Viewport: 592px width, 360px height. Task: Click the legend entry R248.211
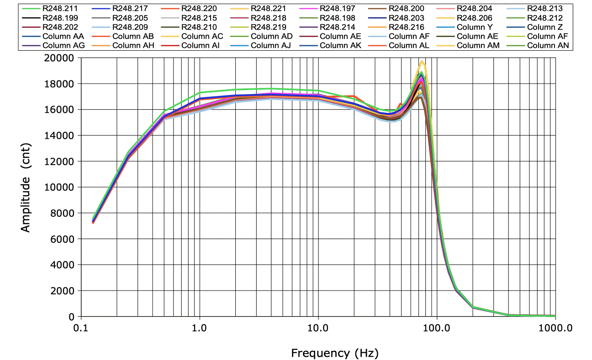tap(60, 8)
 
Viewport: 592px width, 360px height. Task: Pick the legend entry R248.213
tap(544, 8)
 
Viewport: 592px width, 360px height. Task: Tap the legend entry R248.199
tap(60, 18)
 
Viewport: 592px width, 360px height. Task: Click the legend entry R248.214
tap(337, 27)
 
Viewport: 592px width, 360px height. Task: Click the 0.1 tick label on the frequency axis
tap(81, 327)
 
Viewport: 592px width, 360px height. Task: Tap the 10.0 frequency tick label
tap(318, 327)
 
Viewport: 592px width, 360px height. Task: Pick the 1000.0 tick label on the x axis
tap(555, 327)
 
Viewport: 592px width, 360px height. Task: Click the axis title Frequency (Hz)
tap(335, 353)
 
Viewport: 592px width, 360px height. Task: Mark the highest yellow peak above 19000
tap(422, 62)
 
